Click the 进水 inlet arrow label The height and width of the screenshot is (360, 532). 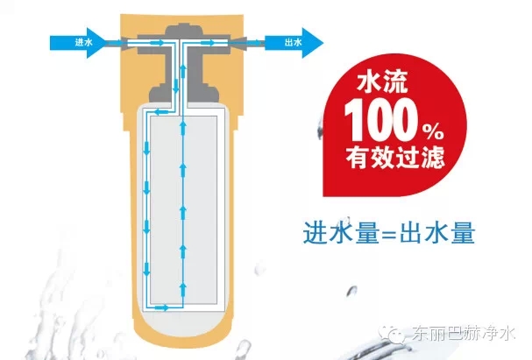(x=84, y=42)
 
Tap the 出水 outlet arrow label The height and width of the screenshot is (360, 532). (x=294, y=42)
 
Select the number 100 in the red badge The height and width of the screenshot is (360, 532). (x=381, y=120)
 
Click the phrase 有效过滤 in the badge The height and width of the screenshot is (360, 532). (x=395, y=157)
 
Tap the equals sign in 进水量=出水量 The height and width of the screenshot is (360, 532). (x=389, y=234)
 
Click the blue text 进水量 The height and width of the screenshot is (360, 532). (x=341, y=232)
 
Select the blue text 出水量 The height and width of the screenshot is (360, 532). (x=437, y=232)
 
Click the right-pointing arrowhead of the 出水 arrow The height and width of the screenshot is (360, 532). (x=313, y=43)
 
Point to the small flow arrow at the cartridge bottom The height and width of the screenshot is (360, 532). (x=162, y=307)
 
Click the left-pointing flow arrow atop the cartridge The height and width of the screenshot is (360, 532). (x=162, y=112)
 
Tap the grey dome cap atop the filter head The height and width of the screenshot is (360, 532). (x=184, y=29)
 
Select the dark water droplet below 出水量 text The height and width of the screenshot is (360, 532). (x=351, y=291)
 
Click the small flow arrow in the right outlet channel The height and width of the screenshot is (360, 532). (x=208, y=43)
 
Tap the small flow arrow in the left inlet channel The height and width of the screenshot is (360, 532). (x=157, y=43)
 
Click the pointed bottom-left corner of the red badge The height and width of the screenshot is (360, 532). (x=323, y=196)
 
